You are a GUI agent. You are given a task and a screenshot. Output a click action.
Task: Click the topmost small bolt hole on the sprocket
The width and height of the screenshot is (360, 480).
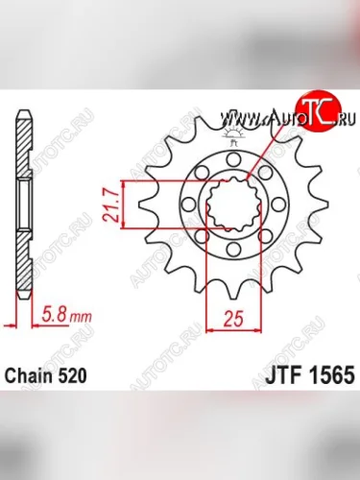coord(233,159)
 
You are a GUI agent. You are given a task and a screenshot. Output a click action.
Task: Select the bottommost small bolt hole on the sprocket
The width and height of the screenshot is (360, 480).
coord(233,252)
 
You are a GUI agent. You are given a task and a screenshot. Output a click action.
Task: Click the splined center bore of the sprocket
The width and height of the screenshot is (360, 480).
coord(233,205)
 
